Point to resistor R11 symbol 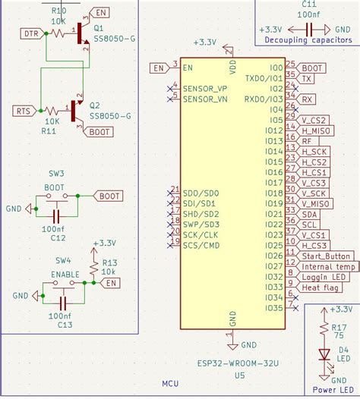point(52,111)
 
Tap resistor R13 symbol point(93,267)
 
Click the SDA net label point(310,215)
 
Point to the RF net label point(307,141)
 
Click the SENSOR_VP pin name point(205,89)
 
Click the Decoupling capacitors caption point(303,39)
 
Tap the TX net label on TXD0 point(307,78)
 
